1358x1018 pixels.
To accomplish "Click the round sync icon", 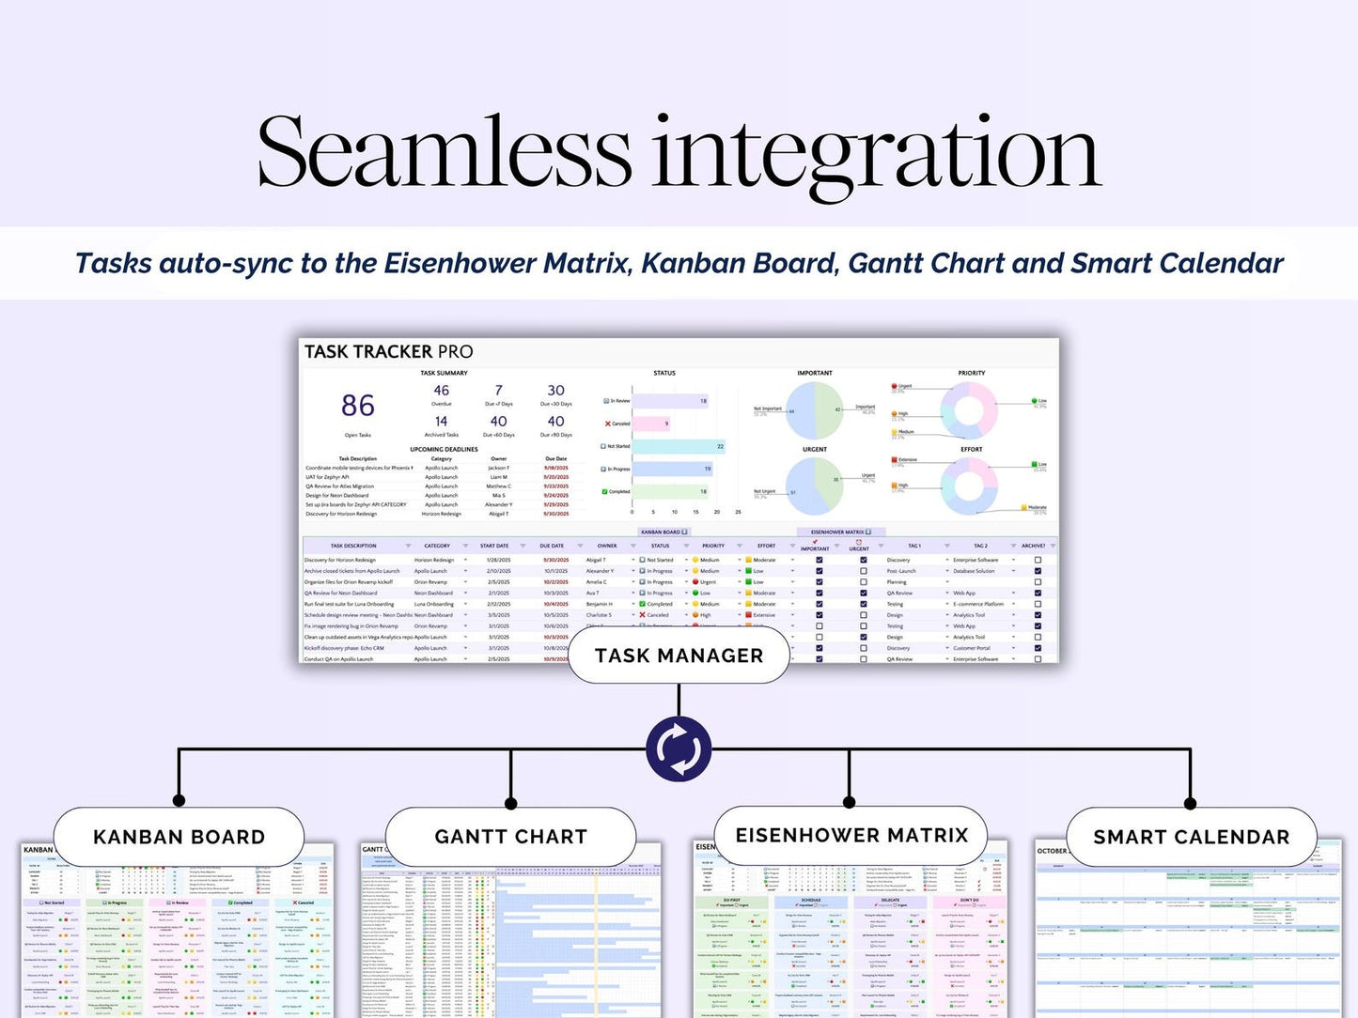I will pyautogui.click(x=678, y=749).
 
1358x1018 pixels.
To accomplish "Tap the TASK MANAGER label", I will pyautogui.click(x=679, y=656).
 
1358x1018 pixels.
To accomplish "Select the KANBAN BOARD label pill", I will pyautogui.click(x=179, y=837).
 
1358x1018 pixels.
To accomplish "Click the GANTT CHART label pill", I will pyautogui.click(x=510, y=837).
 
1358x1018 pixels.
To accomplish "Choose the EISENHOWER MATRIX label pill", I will pyautogui.click(x=851, y=835).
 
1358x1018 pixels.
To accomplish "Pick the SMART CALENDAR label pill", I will pyautogui.click(x=1191, y=837).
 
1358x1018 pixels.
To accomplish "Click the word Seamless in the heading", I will pyautogui.click(x=444, y=153).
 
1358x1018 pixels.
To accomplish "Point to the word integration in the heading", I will pyautogui.click(x=876, y=153).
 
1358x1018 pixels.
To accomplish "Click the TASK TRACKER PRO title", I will pyautogui.click(x=388, y=352).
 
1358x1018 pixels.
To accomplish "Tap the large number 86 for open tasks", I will pyautogui.click(x=358, y=406).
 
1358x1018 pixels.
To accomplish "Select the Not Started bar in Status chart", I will pyautogui.click(x=679, y=446).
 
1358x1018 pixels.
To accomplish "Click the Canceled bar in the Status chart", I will pyautogui.click(x=652, y=424).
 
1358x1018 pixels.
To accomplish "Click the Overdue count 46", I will pyautogui.click(x=442, y=391).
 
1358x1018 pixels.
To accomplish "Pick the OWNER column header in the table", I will pyautogui.click(x=607, y=546).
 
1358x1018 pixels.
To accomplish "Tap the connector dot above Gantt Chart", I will pyautogui.click(x=510, y=803).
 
